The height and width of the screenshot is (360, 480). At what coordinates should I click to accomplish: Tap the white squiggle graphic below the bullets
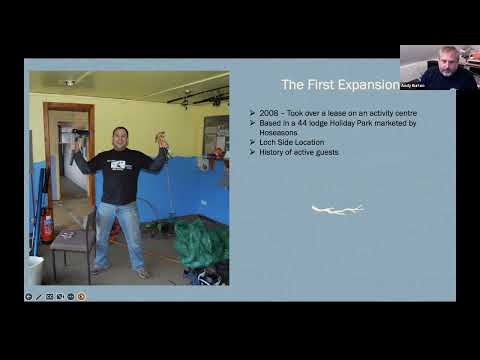(x=337, y=210)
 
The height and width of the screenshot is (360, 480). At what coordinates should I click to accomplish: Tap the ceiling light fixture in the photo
(x=69, y=83)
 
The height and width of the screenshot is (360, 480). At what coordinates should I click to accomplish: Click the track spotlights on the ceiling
(x=199, y=97)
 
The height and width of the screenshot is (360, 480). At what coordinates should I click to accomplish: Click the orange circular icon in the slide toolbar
(x=81, y=296)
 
